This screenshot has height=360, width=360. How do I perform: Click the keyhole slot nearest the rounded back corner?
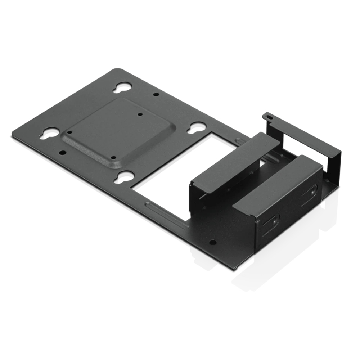pos(122,87)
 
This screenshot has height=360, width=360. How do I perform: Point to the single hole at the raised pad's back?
pos(140,114)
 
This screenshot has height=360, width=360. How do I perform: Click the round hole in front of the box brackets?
pos(212,242)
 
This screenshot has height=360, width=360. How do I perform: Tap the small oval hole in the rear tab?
pos(267,116)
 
